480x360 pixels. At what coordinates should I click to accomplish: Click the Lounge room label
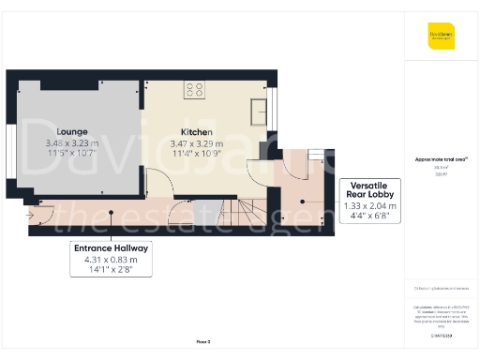click(72, 131)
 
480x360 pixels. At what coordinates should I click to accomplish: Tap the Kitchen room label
click(196, 131)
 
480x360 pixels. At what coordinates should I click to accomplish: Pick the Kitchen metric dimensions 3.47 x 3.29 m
click(196, 142)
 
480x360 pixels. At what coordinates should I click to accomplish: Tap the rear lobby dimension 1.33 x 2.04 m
click(371, 206)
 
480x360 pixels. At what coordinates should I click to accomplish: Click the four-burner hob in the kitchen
click(195, 90)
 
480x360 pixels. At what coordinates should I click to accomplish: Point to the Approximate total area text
click(440, 159)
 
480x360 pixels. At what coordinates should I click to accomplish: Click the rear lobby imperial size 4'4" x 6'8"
click(371, 217)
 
